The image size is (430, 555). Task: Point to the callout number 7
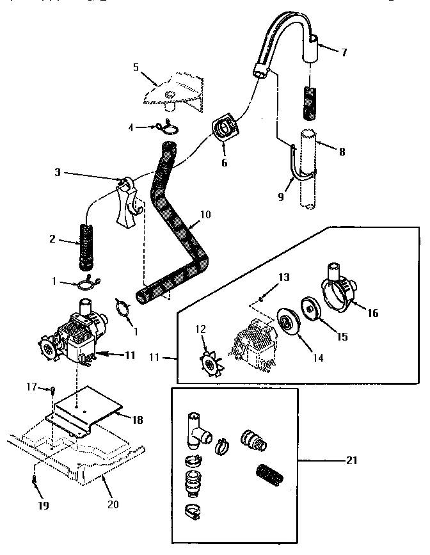[344, 52]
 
